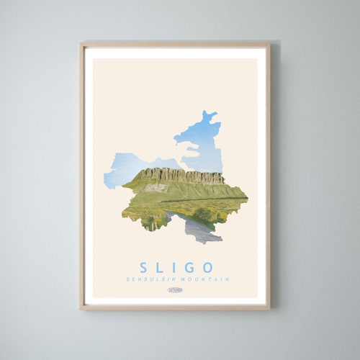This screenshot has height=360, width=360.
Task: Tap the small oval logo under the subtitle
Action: tap(175, 290)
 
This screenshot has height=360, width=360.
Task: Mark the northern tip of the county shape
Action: tap(209, 114)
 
